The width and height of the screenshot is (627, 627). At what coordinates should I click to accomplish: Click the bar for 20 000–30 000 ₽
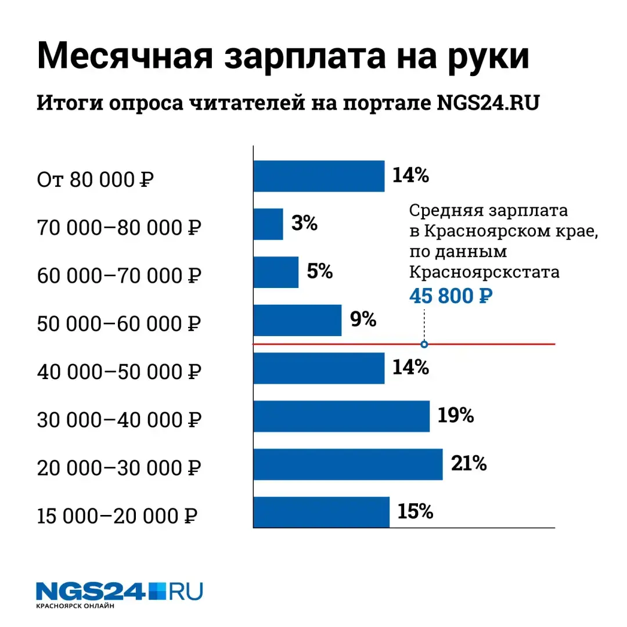pyautogui.click(x=348, y=464)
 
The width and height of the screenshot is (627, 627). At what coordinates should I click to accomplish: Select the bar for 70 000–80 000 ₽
pyautogui.click(x=268, y=224)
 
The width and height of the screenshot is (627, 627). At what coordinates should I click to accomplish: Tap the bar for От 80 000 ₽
pyautogui.click(x=319, y=176)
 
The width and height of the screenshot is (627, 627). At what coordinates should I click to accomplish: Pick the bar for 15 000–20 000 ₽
pyautogui.click(x=321, y=512)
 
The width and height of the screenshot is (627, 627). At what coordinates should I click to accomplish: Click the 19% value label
pyautogui.click(x=456, y=416)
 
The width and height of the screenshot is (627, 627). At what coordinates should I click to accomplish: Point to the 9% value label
pyautogui.click(x=363, y=319)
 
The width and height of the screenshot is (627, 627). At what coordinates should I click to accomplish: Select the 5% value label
pyautogui.click(x=319, y=271)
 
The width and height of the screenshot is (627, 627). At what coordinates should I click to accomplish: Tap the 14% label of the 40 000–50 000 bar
pyautogui.click(x=410, y=367)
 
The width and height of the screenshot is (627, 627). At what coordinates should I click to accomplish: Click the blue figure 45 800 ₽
pyautogui.click(x=451, y=296)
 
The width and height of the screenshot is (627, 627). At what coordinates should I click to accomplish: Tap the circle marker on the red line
pyautogui.click(x=424, y=344)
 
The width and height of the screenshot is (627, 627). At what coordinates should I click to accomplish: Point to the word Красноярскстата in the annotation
pyautogui.click(x=485, y=272)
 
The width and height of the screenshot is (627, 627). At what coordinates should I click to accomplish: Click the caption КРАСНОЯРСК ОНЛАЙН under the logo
pyautogui.click(x=75, y=607)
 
